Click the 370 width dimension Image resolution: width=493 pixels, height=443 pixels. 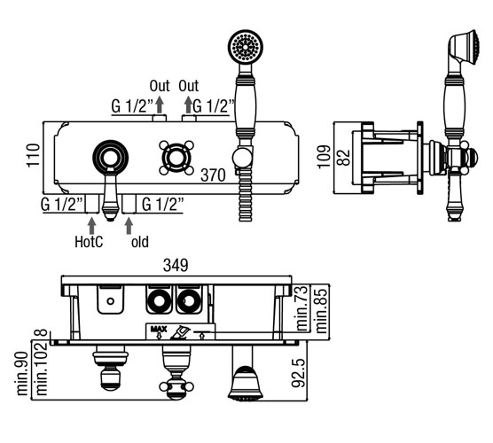click(213, 175)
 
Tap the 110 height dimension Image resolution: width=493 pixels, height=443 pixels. click(34, 155)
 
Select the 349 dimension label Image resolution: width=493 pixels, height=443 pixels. click(176, 266)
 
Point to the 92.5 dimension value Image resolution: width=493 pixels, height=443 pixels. click(299, 373)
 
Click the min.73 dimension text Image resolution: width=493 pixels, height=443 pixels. click(301, 308)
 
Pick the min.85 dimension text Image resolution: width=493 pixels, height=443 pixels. click(321, 309)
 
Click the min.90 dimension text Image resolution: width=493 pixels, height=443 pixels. click(22, 373)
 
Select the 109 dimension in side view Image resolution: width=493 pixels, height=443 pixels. click(325, 157)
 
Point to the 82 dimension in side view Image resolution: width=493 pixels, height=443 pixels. click(343, 158)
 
